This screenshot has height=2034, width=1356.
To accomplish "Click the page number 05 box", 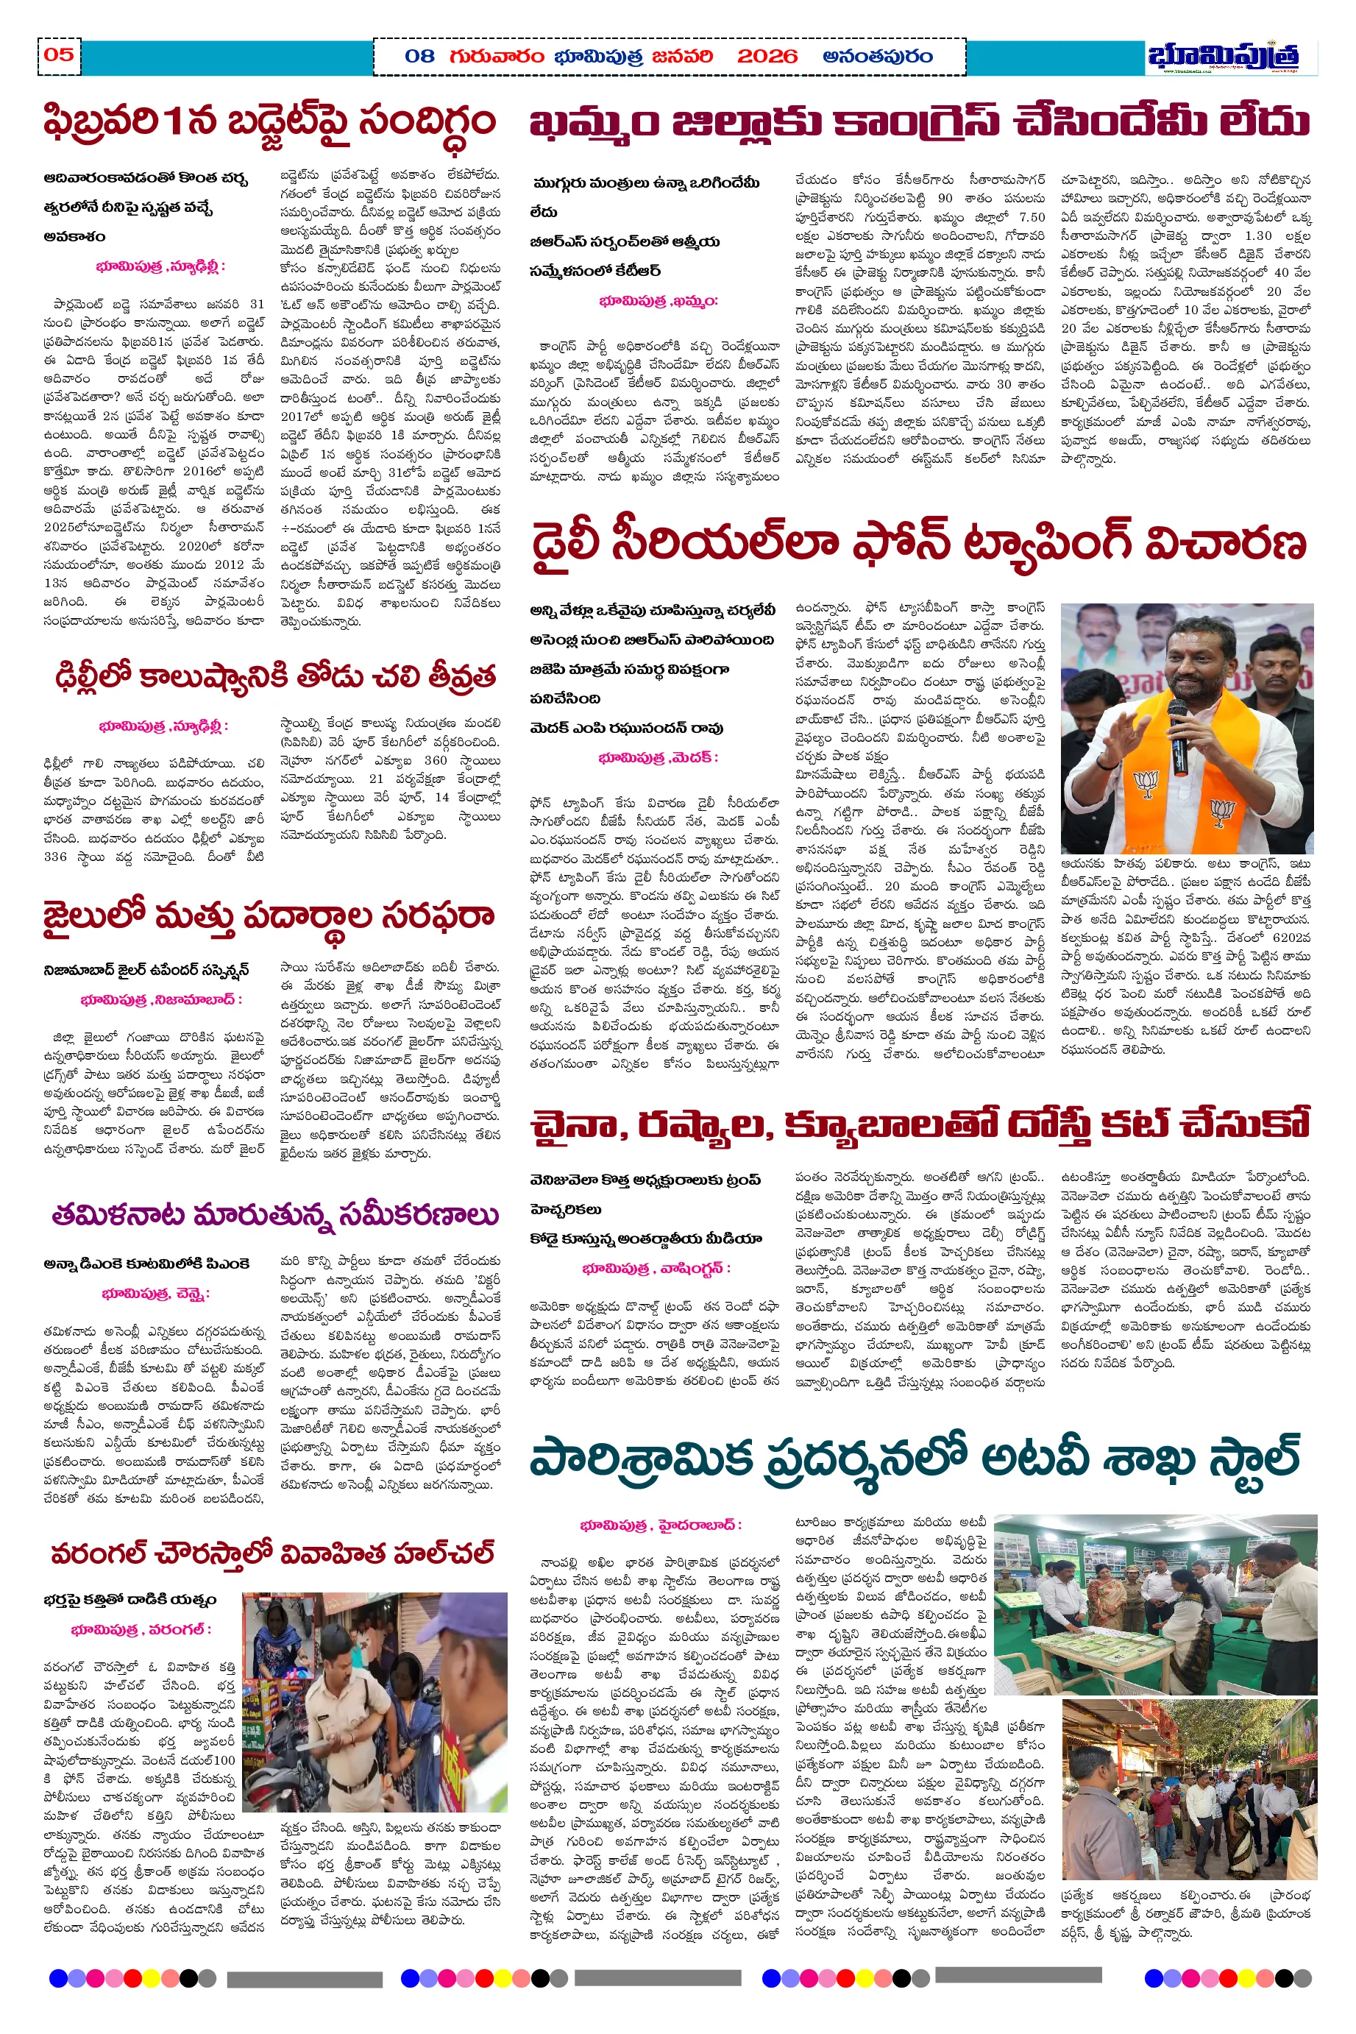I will click(59, 55).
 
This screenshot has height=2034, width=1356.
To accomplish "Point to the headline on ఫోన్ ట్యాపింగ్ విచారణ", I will click(917, 543).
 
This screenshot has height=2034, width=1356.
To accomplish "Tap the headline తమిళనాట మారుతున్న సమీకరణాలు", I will click(275, 1214).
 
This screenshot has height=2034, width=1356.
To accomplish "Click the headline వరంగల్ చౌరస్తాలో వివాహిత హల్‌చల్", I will click(272, 1554).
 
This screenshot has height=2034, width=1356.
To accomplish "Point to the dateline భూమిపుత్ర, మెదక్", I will click(658, 757).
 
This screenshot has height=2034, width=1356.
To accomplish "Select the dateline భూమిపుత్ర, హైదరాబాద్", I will click(661, 1525).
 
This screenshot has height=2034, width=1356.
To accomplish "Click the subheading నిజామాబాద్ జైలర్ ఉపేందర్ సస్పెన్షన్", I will click(146, 971).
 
